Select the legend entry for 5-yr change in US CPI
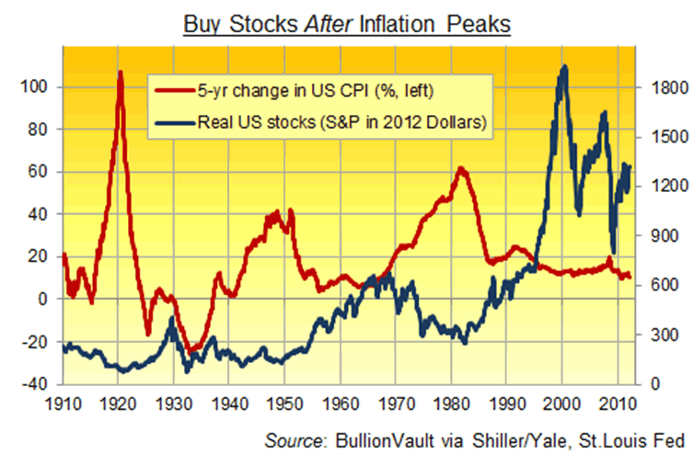point(292,91)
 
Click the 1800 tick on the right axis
point(665,87)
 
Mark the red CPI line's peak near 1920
point(121,72)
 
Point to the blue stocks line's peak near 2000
point(564,66)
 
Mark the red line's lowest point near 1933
point(193,350)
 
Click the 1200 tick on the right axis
point(665,187)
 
